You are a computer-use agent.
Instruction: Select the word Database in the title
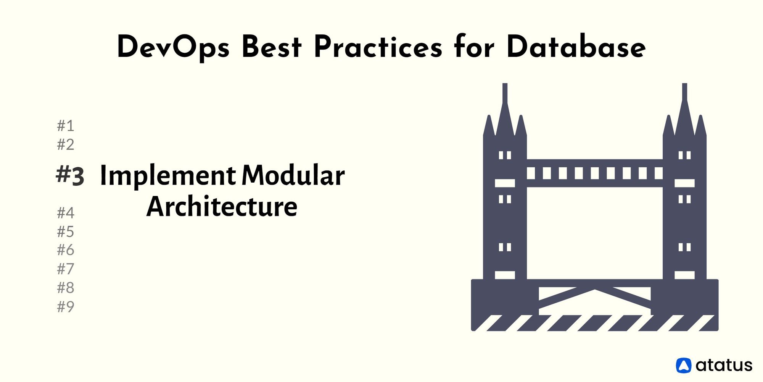[576, 47]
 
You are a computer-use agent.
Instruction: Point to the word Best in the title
[272, 47]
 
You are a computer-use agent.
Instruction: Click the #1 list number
[66, 126]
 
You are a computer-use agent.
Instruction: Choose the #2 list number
[66, 145]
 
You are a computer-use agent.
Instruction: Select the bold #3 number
[70, 176]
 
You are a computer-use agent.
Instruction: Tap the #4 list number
[66, 213]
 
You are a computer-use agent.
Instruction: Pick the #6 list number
[66, 250]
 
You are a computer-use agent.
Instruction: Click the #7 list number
[66, 269]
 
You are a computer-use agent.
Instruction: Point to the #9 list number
[66, 307]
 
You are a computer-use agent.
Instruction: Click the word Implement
[168, 176]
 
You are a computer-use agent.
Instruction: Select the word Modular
[293, 175]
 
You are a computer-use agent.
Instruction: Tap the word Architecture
[222, 206]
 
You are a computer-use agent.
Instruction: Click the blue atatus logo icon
[684, 365]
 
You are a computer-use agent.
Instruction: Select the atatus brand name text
[724, 365]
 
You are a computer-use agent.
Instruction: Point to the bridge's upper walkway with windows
[595, 173]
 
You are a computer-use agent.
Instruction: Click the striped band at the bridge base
[595, 323]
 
